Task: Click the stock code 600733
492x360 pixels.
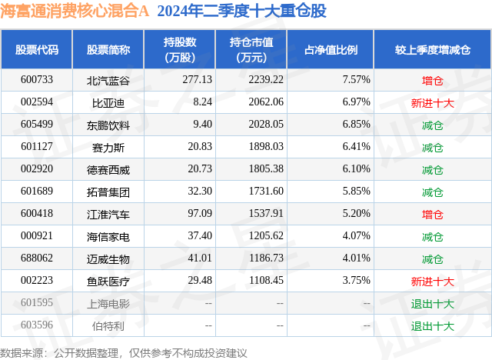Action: point(37,80)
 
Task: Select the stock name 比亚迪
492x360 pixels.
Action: point(108,102)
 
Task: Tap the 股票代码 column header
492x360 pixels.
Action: point(37,50)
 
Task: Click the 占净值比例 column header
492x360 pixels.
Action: point(336,50)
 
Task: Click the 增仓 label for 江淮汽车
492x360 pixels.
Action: point(433,214)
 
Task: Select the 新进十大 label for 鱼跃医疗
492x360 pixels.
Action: point(433,281)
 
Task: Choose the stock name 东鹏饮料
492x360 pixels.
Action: point(108,125)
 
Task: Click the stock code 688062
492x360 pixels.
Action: point(37,258)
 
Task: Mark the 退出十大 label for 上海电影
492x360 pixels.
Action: point(433,303)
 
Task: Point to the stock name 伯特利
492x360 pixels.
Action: point(108,325)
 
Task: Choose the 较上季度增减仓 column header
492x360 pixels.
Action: point(433,50)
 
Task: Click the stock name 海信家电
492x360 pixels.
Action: point(108,236)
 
